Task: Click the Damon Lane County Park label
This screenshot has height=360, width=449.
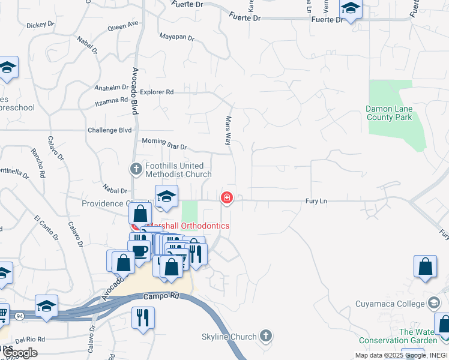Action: (x=390, y=113)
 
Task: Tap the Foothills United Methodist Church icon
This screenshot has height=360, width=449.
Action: (x=136, y=170)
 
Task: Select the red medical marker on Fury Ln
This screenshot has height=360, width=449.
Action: (x=227, y=197)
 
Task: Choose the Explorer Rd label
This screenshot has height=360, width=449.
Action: (x=157, y=92)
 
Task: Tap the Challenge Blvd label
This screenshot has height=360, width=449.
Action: (x=109, y=130)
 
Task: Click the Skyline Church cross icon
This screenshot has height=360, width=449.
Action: (x=267, y=337)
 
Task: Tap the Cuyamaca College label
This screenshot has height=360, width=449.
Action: (x=390, y=304)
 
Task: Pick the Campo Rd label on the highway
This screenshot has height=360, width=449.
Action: (x=162, y=296)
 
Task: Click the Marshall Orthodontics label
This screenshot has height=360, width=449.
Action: (x=187, y=226)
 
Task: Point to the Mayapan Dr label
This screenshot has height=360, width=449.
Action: (x=176, y=37)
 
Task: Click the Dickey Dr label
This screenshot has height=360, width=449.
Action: (x=41, y=26)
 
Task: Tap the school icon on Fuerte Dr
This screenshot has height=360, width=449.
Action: (x=350, y=9)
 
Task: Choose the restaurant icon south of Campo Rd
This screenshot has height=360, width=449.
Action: (x=143, y=317)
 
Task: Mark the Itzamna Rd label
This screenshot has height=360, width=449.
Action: (x=112, y=101)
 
